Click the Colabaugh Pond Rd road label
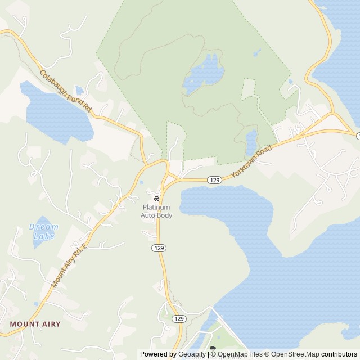coord(65,90)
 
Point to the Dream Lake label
coord(43,231)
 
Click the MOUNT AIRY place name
coord(35,324)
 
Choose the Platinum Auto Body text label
coord(157,211)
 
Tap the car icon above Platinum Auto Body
coord(156,199)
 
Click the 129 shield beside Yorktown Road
coord(214,180)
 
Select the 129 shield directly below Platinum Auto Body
coord(159,247)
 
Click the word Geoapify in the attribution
coord(192,354)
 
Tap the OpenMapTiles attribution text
coord(240,354)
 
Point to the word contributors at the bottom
coord(339,354)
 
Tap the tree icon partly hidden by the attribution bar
coord(213,349)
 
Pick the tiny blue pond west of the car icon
coord(141,182)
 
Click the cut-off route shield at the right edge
coord(358,136)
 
